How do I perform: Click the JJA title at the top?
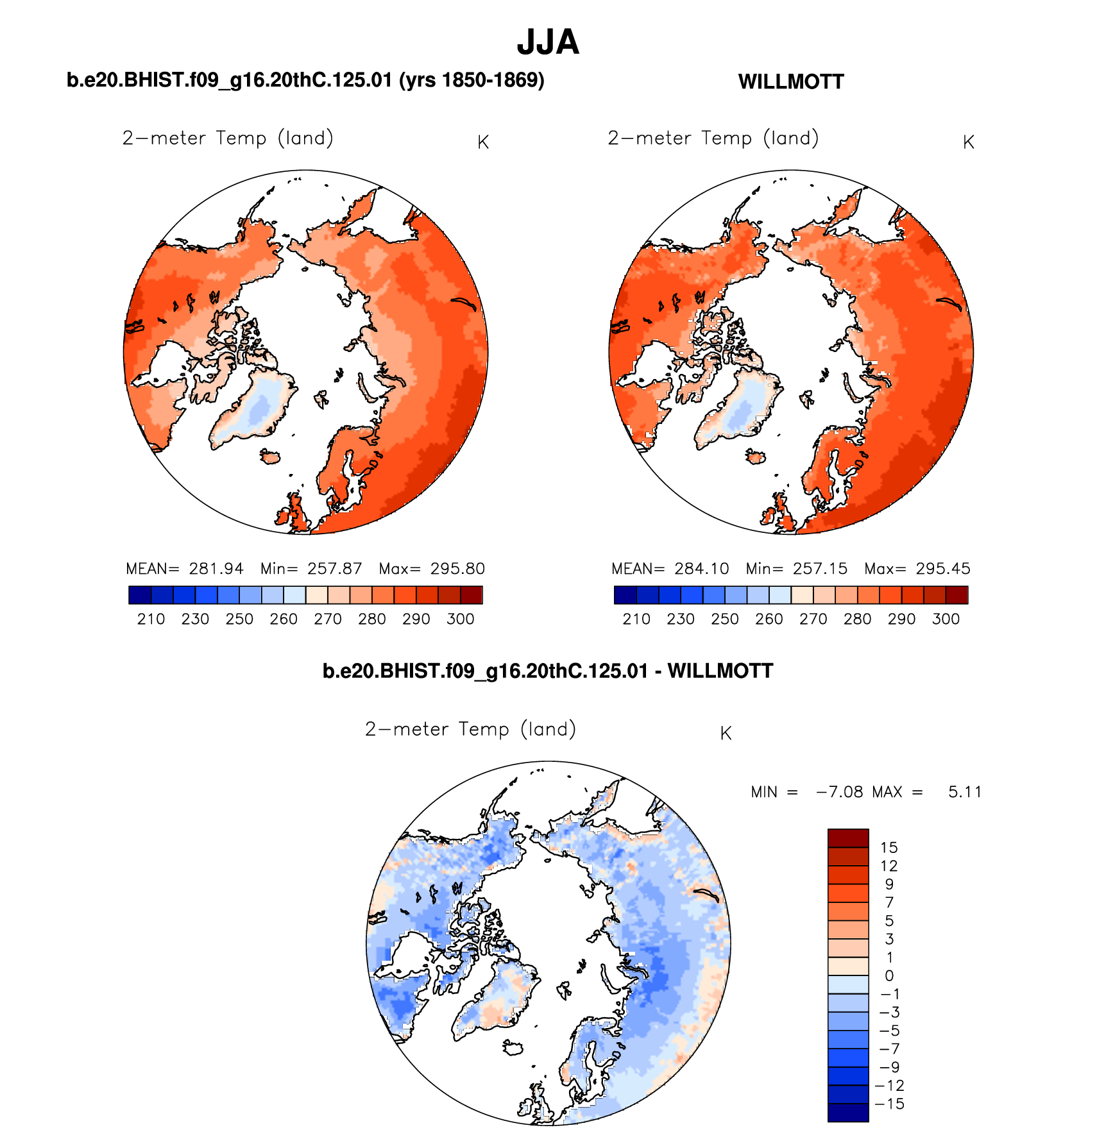pos(548,42)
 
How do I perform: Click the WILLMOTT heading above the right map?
pos(791,82)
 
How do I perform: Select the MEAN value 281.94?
pos(216,569)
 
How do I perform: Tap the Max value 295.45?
pos(942,569)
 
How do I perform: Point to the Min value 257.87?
pos(334,569)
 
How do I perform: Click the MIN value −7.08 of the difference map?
pos(839,792)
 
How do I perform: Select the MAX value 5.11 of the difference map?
pos(965,792)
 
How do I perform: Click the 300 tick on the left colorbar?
pos(460,619)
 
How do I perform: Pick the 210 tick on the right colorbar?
pos(636,619)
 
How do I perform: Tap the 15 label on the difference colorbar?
pos(889,847)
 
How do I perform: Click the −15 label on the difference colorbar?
pos(889,1104)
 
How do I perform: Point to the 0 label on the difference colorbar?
pos(889,975)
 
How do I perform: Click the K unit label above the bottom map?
pos(726,734)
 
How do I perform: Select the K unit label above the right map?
pos(969,142)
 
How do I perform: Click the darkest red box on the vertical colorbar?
pos(848,838)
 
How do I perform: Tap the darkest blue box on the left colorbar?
pos(140,595)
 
